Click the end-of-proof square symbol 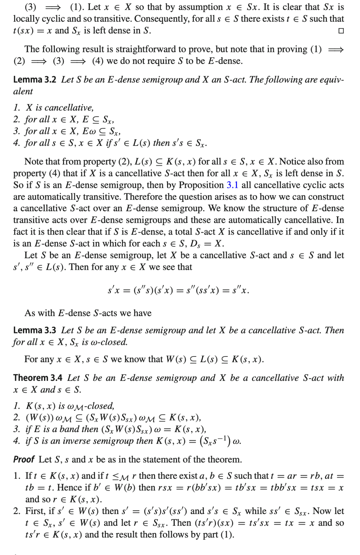pos(341,31)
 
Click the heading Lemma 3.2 pos(35,80)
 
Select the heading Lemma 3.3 pos(35,330)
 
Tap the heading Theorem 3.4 pos(38,378)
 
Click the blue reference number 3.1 pos(232,185)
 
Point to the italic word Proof pos(24,459)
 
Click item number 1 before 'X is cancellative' pos(17,108)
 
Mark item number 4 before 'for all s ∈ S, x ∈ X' pos(17,143)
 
